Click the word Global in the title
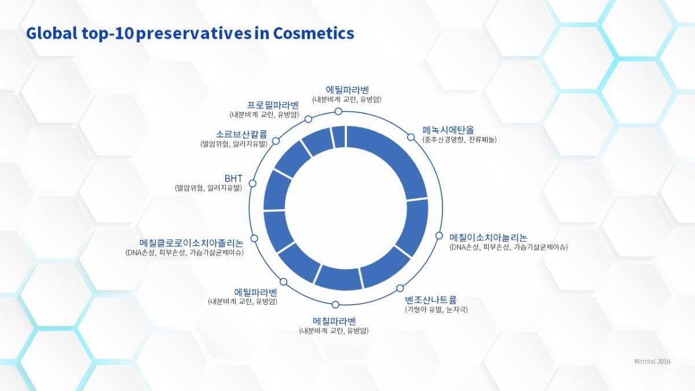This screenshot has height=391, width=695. click(x=52, y=33)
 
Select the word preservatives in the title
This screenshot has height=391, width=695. click(x=193, y=34)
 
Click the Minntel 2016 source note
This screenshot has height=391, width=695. click(x=652, y=361)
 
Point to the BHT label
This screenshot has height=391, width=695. click(x=233, y=179)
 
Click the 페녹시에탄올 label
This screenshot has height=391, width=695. click(x=448, y=130)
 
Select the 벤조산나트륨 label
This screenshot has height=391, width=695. click(x=431, y=300)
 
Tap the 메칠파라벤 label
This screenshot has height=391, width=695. click(x=334, y=321)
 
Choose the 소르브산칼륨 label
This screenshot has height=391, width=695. click(x=242, y=134)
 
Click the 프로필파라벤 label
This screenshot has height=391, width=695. click(x=273, y=105)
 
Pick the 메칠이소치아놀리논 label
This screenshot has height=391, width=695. click(x=488, y=237)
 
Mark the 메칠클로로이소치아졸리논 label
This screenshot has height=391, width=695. click(x=192, y=243)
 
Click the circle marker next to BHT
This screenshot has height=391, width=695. click(x=253, y=184)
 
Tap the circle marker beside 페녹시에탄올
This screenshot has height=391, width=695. click(x=411, y=137)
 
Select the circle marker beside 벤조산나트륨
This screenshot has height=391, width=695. click(x=400, y=288)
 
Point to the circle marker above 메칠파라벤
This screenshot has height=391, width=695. click(x=335, y=305)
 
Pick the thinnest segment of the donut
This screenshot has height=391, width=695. click(x=339, y=137)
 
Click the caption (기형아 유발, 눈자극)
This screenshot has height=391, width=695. click(x=436, y=309)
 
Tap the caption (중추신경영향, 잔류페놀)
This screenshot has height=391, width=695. click(x=459, y=140)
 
